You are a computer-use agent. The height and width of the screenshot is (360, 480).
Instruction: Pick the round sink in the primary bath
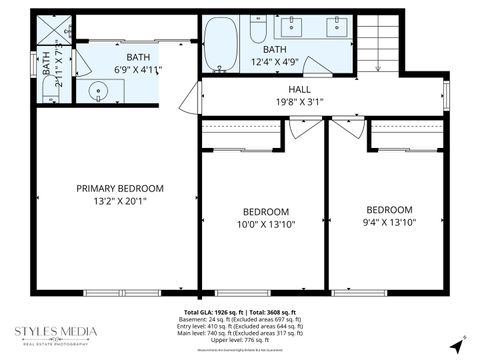[98, 91]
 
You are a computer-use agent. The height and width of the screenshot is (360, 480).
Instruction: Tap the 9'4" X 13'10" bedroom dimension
[389, 223]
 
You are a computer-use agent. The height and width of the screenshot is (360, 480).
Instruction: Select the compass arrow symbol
[459, 343]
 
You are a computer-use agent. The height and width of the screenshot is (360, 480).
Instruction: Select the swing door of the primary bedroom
[187, 97]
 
